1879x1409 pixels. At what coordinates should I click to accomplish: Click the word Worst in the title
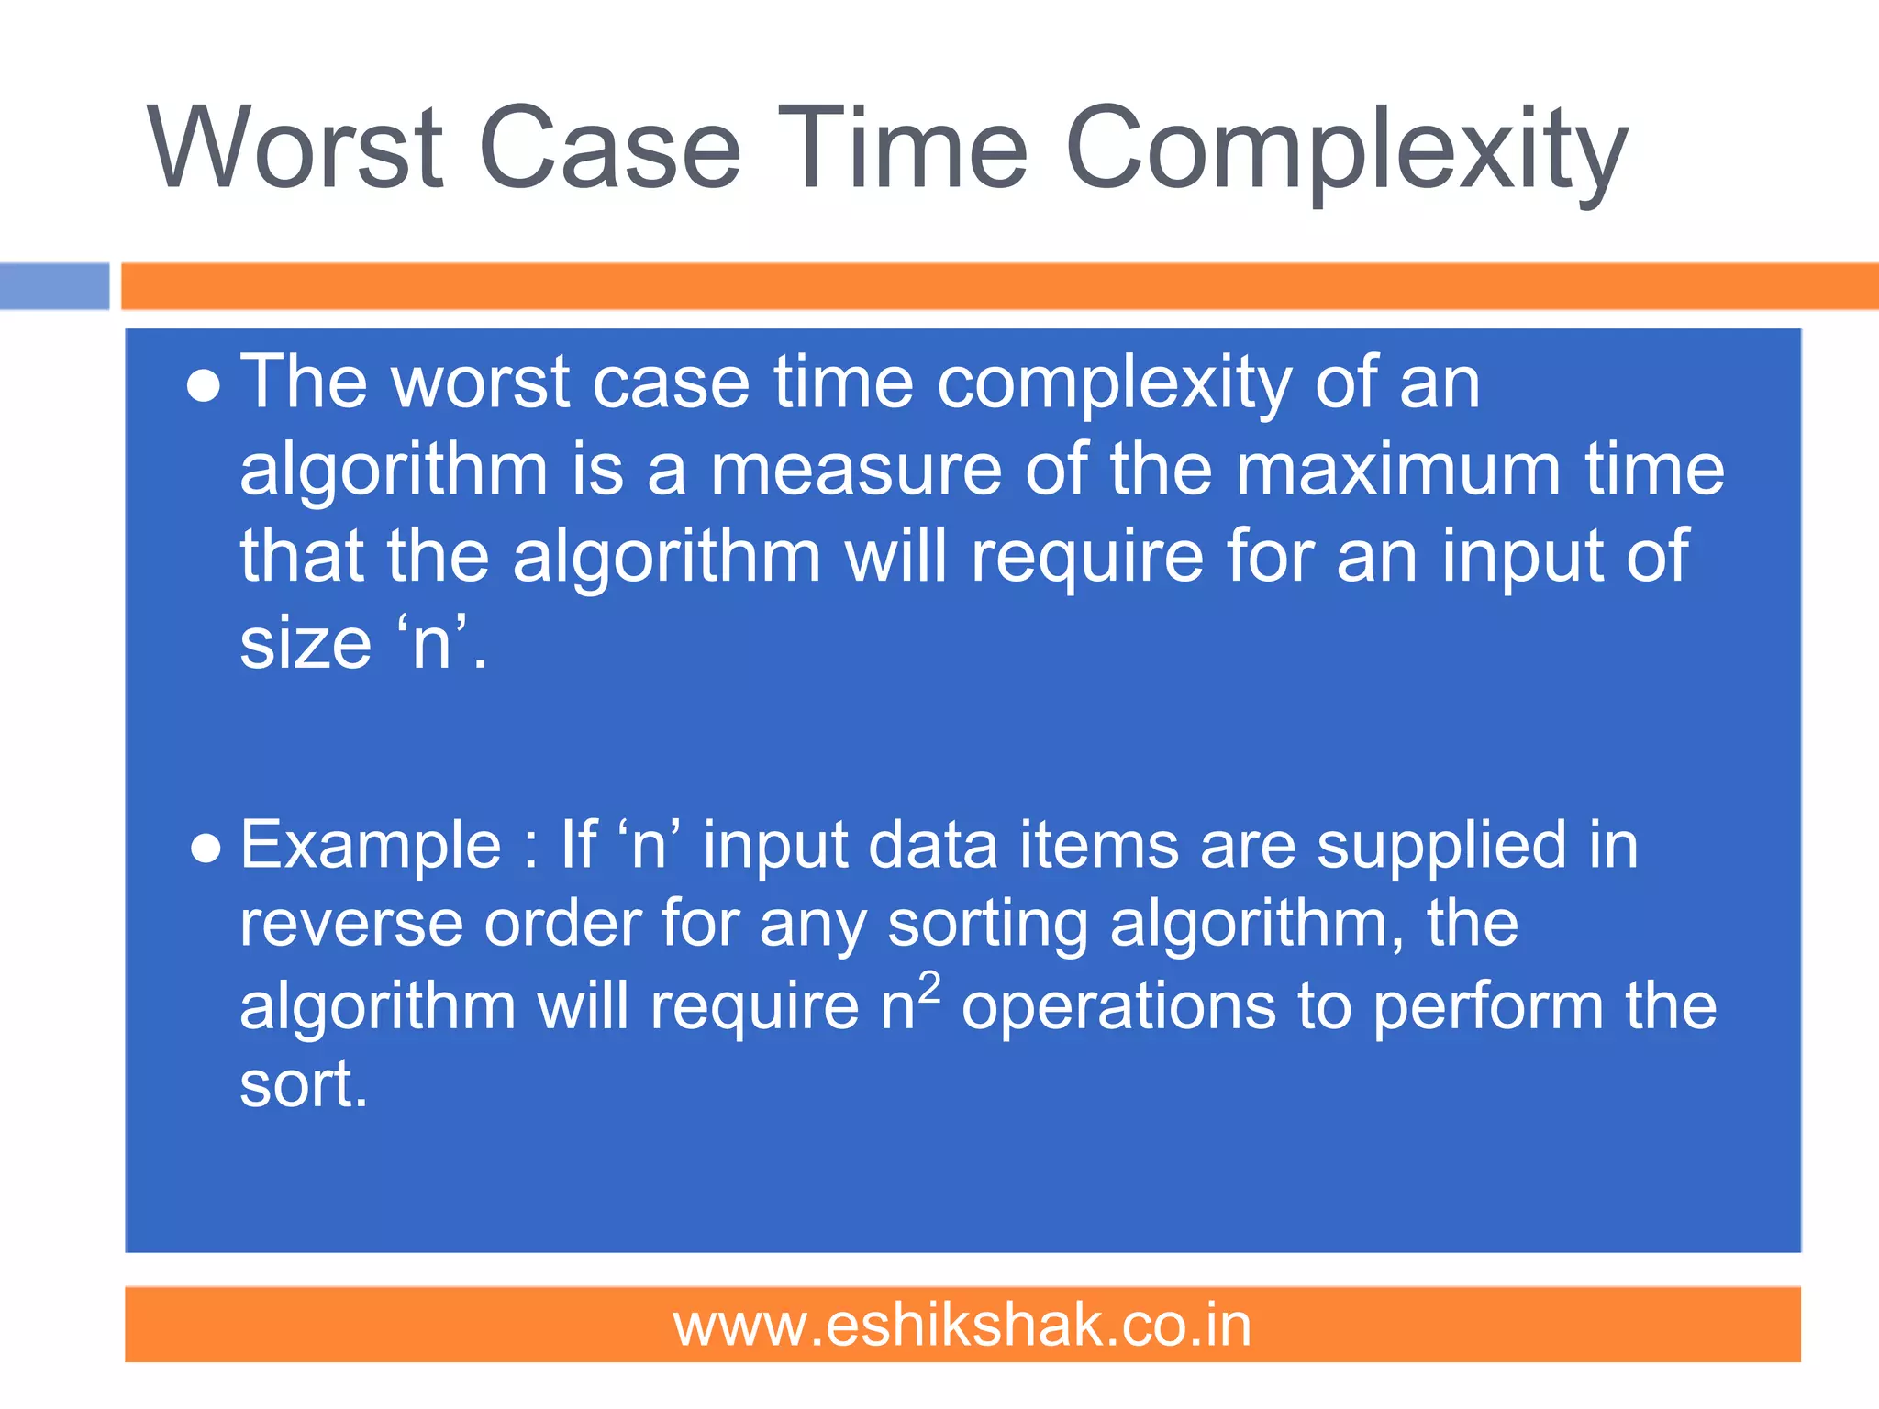(296, 149)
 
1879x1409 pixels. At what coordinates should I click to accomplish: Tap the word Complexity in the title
(1345, 151)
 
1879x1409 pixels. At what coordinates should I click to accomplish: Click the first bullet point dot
(204, 386)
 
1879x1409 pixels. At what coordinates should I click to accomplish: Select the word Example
(371, 846)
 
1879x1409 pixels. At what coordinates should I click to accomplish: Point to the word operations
(1118, 1006)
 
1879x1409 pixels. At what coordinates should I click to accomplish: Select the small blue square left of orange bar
(54, 286)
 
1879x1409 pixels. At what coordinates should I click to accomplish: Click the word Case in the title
(609, 149)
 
